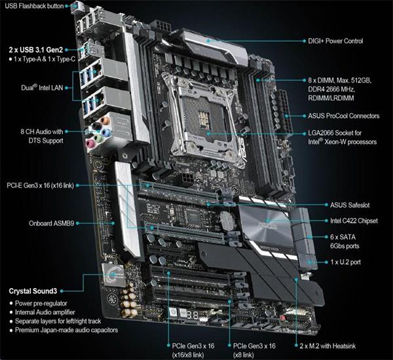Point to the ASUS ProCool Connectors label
[x=343, y=115]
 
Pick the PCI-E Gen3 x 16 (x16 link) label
[x=40, y=185]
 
